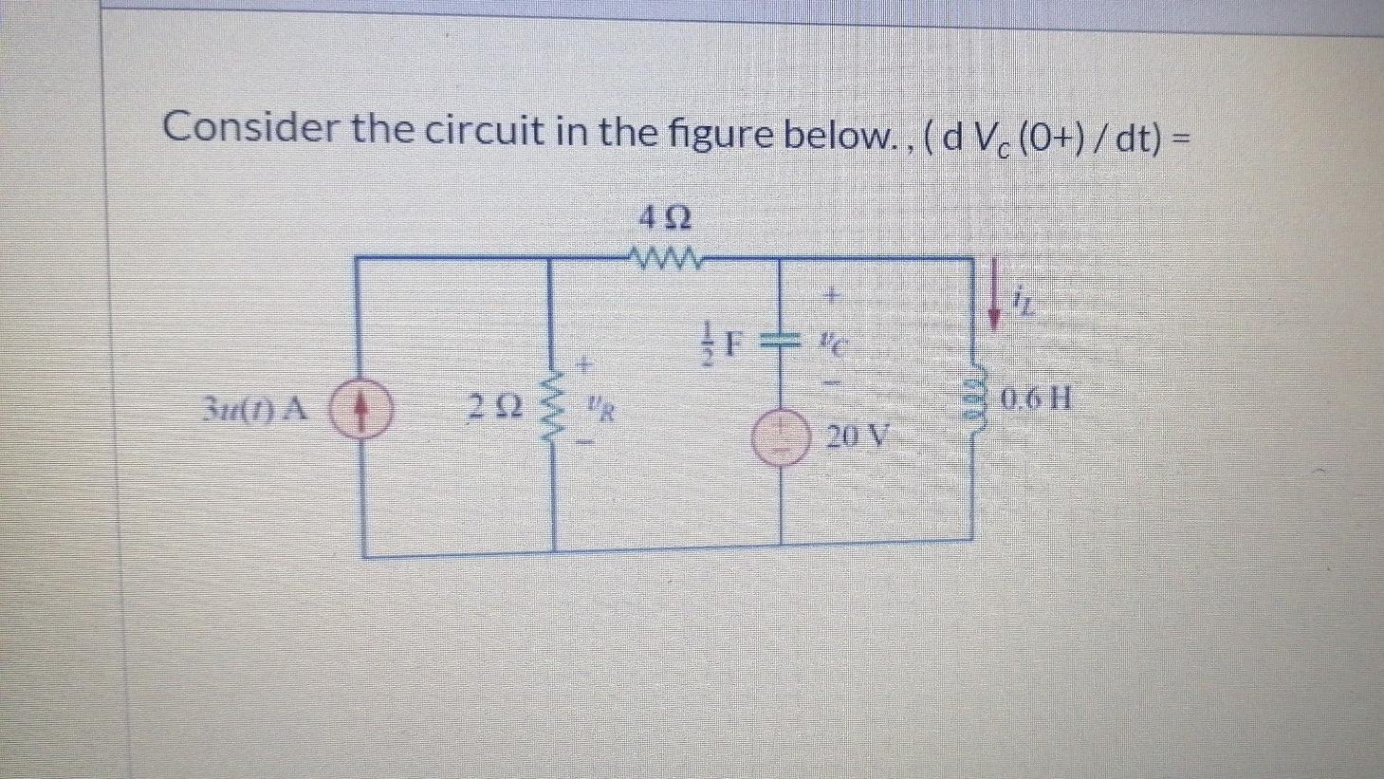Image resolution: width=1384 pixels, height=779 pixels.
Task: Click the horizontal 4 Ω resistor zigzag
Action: pyautogui.click(x=667, y=256)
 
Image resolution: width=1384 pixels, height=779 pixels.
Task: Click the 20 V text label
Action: pyautogui.click(x=858, y=438)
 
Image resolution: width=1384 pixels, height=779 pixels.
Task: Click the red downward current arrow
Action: pyautogui.click(x=994, y=295)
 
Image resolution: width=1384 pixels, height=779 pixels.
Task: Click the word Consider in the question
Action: pyautogui.click(x=249, y=128)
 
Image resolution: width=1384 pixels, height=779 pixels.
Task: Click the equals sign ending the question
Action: pyautogui.click(x=1181, y=135)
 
